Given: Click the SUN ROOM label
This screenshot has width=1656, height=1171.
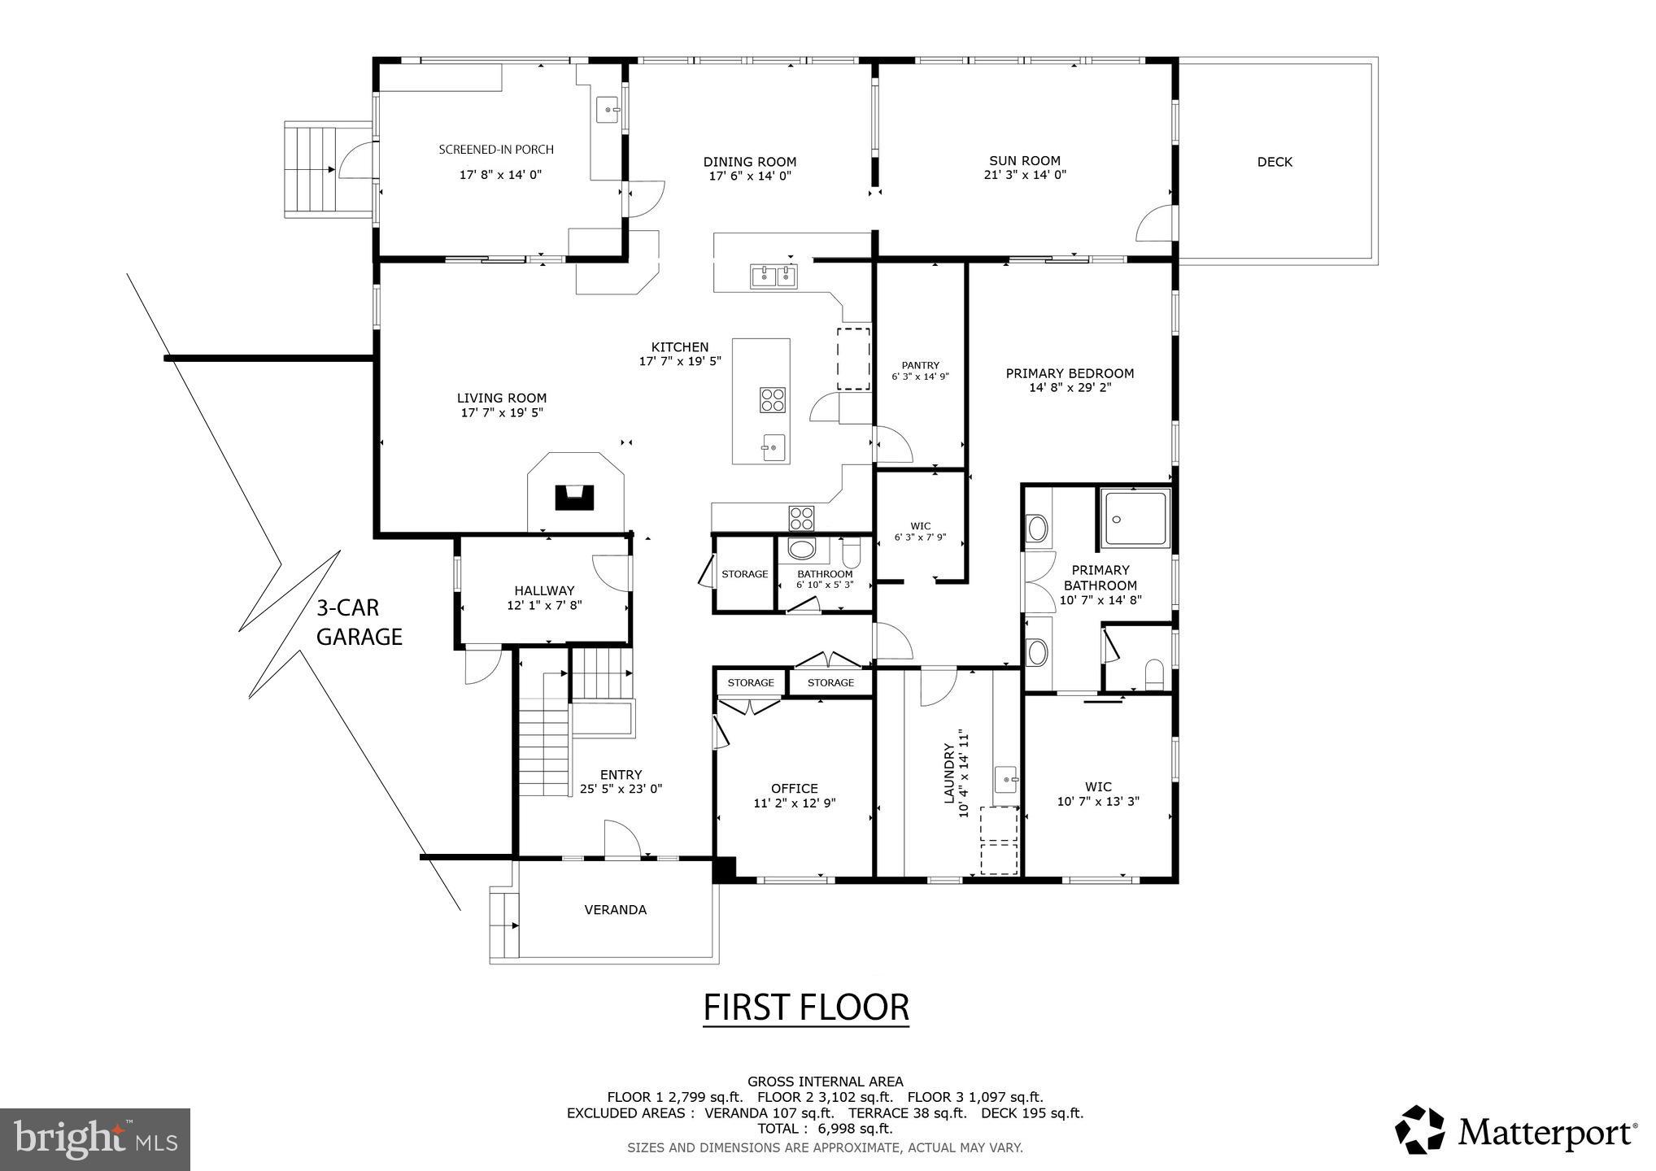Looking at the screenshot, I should [x=1024, y=161].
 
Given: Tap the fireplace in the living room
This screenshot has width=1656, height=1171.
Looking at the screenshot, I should [x=575, y=496].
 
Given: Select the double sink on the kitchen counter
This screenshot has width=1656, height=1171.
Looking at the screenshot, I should [x=774, y=276].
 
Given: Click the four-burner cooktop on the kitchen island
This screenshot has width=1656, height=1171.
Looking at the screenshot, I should [x=773, y=399].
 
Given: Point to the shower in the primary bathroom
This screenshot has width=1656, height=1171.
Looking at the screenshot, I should [x=1135, y=517].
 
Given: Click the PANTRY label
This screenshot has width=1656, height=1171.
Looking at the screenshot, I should [x=920, y=365].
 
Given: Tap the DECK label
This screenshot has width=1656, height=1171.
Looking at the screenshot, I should [x=1275, y=162].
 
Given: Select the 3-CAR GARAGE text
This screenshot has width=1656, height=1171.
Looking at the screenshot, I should [x=359, y=622].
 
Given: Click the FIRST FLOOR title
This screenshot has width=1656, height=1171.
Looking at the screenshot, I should [x=805, y=1007].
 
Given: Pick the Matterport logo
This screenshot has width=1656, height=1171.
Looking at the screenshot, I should [x=1516, y=1130].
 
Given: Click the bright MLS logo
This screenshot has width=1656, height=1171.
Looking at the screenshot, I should [x=94, y=1139].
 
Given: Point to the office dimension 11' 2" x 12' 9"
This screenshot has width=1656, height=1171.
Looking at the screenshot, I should [x=794, y=803].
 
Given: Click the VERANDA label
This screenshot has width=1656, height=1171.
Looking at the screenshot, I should [x=615, y=910].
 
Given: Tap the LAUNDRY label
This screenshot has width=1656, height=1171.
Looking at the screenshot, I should [x=948, y=773].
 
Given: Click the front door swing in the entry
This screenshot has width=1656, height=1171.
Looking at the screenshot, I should [x=621, y=838].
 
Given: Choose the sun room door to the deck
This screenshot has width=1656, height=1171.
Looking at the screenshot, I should [x=1155, y=223].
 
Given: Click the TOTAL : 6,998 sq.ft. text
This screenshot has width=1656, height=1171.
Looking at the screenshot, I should [x=825, y=1129].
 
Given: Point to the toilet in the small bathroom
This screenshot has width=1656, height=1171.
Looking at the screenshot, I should [x=852, y=555].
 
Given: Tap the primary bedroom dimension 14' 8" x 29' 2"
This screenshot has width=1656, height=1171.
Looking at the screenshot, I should [x=1070, y=388].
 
